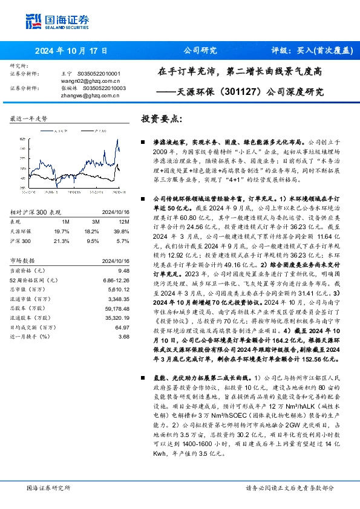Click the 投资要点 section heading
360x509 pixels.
161,118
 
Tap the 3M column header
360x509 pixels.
91,221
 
